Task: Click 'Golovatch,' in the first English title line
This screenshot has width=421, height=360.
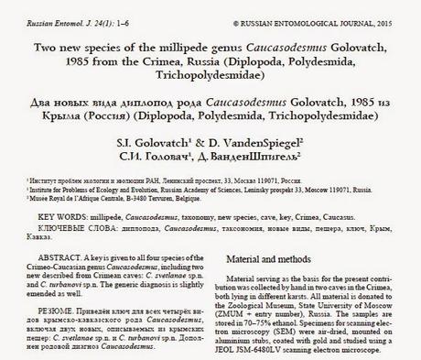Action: tap(372, 49)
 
